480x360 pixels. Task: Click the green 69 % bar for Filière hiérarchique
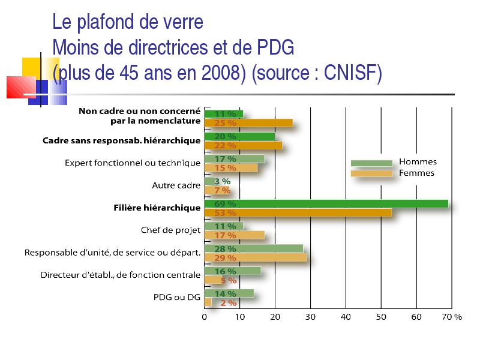[326, 203]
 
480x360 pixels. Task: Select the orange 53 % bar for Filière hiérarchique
[298, 212]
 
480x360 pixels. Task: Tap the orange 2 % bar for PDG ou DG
[208, 302]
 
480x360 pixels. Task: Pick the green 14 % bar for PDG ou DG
[229, 293]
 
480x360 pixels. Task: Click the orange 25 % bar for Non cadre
[248, 123]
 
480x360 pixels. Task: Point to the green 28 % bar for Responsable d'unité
[254, 248]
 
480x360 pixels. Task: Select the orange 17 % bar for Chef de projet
[235, 235]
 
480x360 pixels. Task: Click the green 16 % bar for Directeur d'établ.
[233, 271]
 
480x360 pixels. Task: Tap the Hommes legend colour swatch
[371, 163]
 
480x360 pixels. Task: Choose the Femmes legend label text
[416, 173]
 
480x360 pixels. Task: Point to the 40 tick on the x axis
[346, 317]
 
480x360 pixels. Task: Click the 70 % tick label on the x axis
[452, 317]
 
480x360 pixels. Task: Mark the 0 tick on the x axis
[204, 317]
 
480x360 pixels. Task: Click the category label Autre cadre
[176, 185]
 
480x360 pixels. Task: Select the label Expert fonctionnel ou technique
[133, 163]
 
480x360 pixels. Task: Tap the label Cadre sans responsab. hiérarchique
[122, 140]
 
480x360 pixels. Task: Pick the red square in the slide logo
[21, 87]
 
